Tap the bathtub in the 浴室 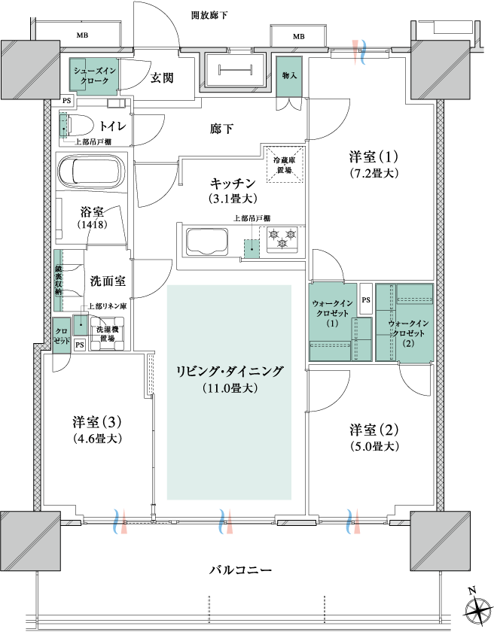90,171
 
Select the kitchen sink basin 206,242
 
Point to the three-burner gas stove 282,239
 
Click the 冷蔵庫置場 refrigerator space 284,165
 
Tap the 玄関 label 162,77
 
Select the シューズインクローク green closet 94,75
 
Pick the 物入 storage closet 289,77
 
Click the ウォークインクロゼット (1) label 332,313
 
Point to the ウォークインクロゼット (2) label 408,333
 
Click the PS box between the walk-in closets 366,299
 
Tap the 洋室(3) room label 97,422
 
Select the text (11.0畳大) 230,388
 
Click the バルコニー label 241,570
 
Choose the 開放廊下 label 209,16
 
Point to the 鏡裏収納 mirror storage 59,281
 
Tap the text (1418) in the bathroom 92,224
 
